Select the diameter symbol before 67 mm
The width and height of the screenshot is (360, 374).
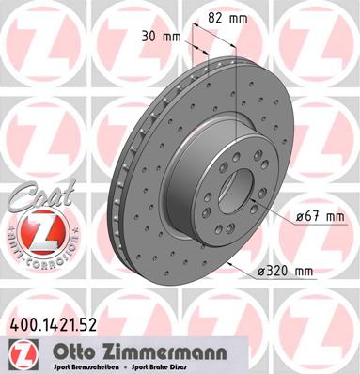coord(300,217)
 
